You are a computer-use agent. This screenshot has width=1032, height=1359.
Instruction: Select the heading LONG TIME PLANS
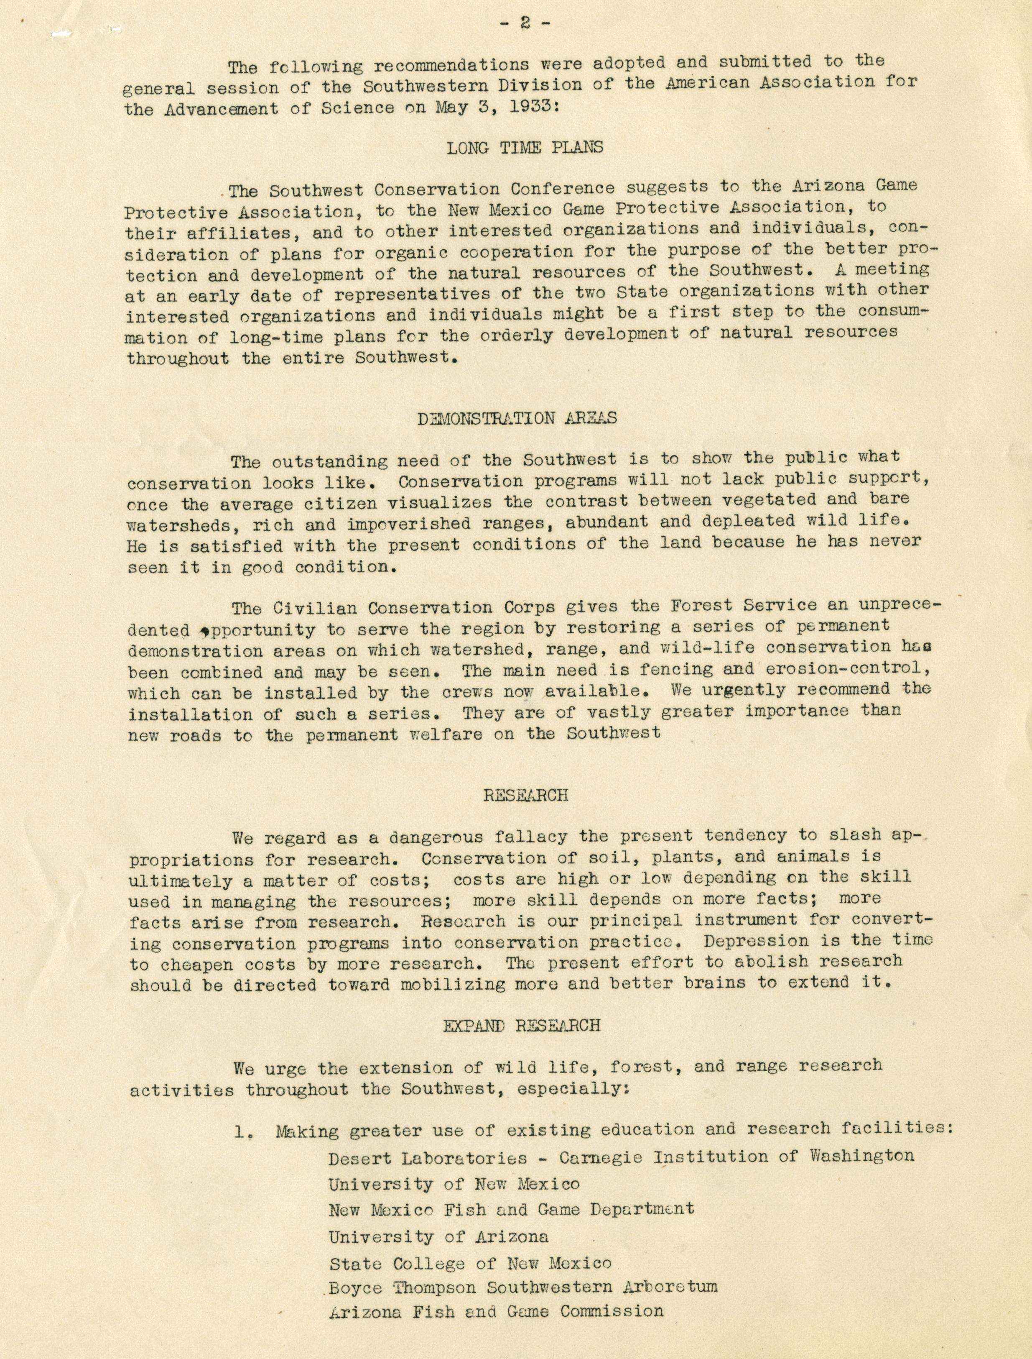[524, 148]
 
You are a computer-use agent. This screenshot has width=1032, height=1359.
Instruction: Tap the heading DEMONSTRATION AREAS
[517, 419]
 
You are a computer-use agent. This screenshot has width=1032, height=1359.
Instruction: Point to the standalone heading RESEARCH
[525, 795]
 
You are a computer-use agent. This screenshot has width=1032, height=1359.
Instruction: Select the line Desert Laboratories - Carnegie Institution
[620, 1157]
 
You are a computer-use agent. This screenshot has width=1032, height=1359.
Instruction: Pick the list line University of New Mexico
[454, 1184]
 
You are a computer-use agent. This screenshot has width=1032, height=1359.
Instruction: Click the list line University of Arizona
[438, 1236]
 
